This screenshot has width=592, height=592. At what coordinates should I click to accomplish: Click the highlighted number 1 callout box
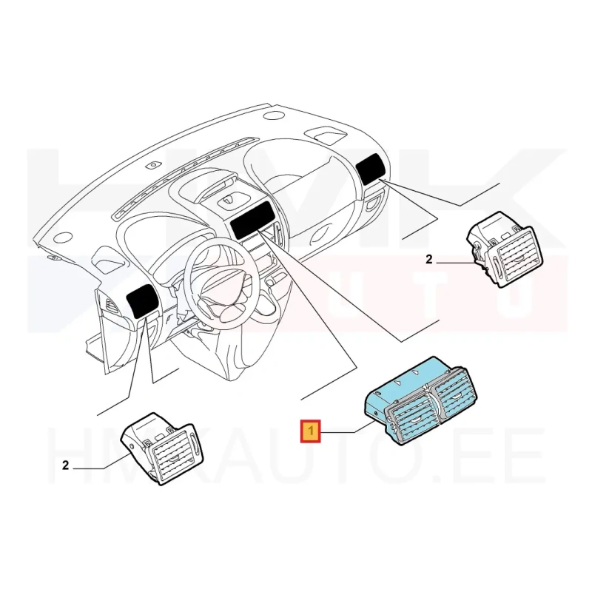point(310,431)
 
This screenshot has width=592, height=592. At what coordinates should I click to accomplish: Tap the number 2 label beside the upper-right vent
point(428,260)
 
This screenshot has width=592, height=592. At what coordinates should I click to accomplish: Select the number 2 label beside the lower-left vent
point(65,465)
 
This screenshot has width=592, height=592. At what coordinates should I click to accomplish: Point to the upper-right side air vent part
point(505,250)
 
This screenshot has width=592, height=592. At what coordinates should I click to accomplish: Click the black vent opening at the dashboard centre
point(250,220)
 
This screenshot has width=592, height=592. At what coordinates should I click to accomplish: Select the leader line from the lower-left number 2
point(102,462)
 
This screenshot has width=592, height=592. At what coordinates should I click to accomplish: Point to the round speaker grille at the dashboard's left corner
point(63,238)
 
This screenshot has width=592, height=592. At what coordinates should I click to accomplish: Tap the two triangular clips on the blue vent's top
point(406,377)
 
